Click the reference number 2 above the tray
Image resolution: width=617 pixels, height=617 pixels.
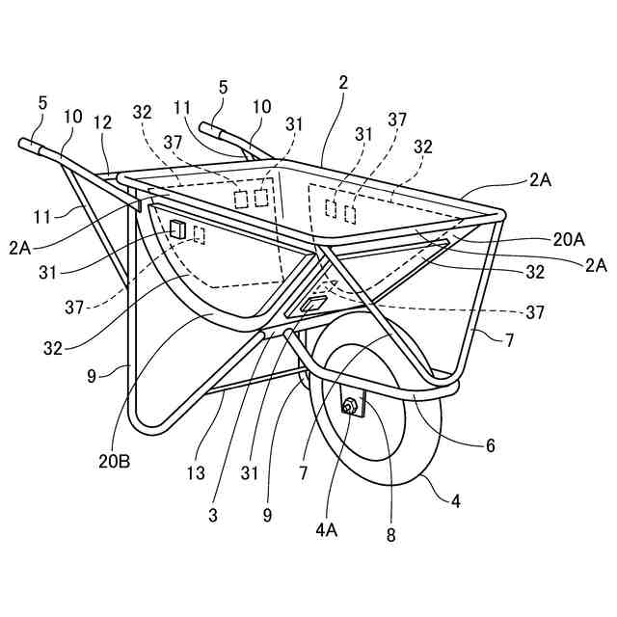[343, 85]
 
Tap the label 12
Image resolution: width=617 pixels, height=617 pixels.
[103, 122]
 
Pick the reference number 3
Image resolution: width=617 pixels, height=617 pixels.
[212, 514]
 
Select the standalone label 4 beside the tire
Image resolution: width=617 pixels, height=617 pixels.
[457, 500]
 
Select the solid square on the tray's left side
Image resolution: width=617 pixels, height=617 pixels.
[176, 230]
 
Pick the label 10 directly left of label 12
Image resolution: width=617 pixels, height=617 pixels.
[73, 117]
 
